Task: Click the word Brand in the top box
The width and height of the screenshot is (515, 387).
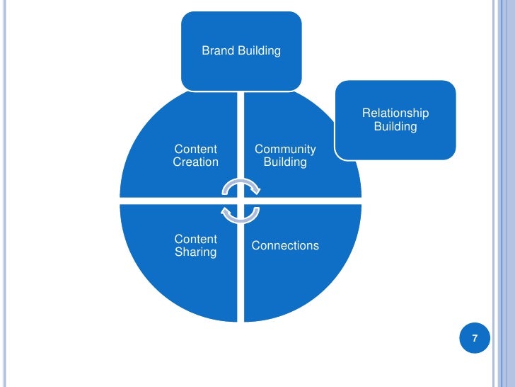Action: point(218,51)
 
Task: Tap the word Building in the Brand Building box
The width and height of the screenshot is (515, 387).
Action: point(259,51)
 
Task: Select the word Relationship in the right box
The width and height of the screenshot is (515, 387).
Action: point(395,113)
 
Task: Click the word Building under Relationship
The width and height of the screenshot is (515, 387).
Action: point(395,127)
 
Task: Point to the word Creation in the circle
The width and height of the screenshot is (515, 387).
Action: point(195,162)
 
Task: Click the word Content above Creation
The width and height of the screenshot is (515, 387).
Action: point(195,149)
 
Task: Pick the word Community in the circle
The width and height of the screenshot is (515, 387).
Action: point(285,149)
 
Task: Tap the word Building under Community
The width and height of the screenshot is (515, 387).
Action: point(285,162)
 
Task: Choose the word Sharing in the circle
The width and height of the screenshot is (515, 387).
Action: point(195,252)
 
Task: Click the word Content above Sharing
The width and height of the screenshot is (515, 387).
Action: point(195,240)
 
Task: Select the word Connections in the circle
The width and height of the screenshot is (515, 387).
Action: point(285,246)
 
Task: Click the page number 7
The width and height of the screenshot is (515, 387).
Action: point(475,339)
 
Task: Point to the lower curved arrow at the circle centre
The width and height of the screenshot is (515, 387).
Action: point(241,214)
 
